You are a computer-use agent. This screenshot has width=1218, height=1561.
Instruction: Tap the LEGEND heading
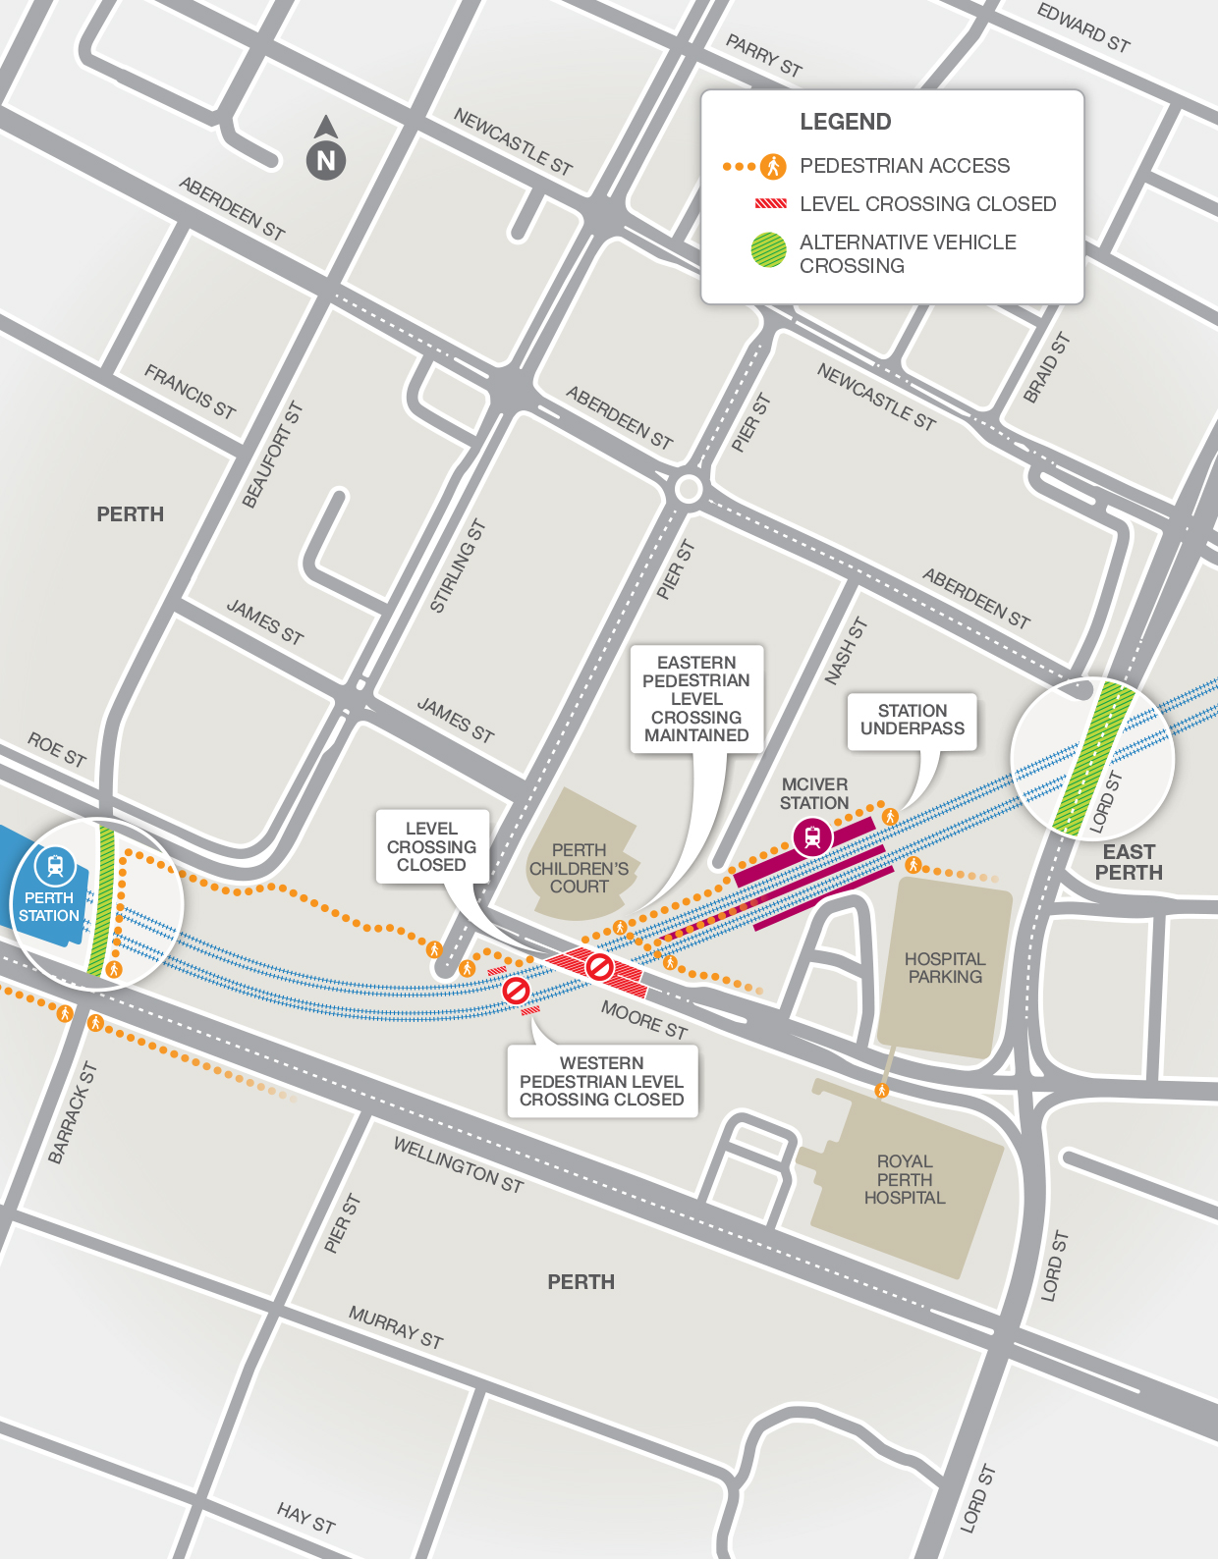pyautogui.click(x=845, y=122)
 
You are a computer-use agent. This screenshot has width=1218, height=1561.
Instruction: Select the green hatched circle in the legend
pyautogui.click(x=768, y=250)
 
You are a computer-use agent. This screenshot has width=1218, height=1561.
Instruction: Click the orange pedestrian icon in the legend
pyautogui.click(x=774, y=166)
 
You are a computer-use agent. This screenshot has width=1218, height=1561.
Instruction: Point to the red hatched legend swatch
pyautogui.click(x=770, y=204)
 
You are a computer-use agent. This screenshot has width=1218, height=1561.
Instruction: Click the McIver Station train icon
pyautogui.click(x=812, y=837)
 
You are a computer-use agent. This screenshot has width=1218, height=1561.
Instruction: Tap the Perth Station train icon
pyautogui.click(x=55, y=866)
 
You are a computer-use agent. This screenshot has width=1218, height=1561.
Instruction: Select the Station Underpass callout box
pyautogui.click(x=912, y=721)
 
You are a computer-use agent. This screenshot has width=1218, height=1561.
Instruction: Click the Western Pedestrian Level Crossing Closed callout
pyautogui.click(x=601, y=1081)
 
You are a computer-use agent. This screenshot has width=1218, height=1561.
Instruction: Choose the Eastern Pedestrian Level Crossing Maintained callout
pyautogui.click(x=695, y=698)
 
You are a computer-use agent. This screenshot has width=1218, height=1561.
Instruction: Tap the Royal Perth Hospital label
pyautogui.click(x=904, y=1179)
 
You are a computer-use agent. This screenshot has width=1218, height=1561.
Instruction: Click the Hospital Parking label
pyautogui.click(x=944, y=967)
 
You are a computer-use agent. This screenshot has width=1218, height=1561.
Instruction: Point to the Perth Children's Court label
pyautogui.click(x=579, y=868)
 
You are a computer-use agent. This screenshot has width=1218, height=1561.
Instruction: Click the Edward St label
pyautogui.click(x=1083, y=27)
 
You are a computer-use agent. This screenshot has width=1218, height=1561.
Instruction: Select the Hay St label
pyautogui.click(x=305, y=1518)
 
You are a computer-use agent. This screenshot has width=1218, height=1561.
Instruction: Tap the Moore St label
pyautogui.click(x=643, y=1020)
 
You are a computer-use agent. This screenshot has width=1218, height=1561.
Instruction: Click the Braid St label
pyautogui.click(x=1046, y=368)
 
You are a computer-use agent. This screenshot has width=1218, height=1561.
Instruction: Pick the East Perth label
pyautogui.click(x=1129, y=862)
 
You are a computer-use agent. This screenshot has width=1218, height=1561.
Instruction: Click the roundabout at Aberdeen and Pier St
pyautogui.click(x=689, y=488)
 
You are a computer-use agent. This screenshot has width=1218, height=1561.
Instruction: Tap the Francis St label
pyautogui.click(x=190, y=392)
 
